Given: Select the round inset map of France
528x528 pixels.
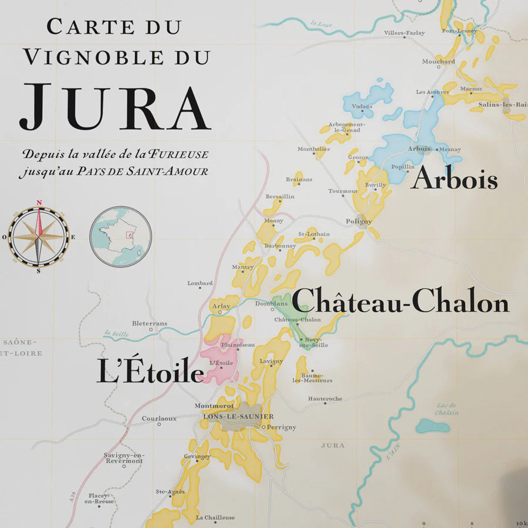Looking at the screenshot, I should [x=121, y=236].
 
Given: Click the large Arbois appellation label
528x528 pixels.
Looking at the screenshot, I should [x=454, y=179].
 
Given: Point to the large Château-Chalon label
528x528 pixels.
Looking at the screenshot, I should [x=400, y=303].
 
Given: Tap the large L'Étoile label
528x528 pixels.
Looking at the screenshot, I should [x=150, y=373].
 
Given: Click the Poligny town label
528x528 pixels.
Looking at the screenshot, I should [x=358, y=221].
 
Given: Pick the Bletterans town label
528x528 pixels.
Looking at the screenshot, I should [x=150, y=323].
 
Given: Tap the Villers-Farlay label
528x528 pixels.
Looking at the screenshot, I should [x=404, y=33].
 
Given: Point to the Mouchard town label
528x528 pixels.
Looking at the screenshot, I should [x=438, y=61].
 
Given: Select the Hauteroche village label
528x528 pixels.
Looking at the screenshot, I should [x=325, y=399].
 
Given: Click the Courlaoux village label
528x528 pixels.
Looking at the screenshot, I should [x=159, y=418].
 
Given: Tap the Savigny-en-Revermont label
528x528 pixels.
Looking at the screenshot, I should [x=123, y=458].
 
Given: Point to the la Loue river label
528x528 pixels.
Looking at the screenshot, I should [x=321, y=24].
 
